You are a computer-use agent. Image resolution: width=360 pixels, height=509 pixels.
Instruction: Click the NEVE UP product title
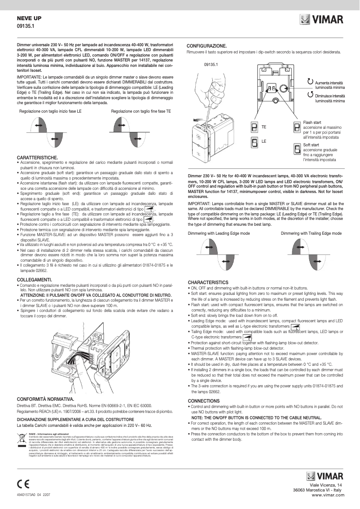[29, 18]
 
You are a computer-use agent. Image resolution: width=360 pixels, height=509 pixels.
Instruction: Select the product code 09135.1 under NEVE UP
[26, 26]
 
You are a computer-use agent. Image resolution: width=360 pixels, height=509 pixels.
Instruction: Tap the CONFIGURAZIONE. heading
[206, 46]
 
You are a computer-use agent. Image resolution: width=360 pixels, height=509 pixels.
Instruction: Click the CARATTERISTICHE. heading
[37, 157]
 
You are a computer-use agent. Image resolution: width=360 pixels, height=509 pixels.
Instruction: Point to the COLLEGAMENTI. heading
[34, 279]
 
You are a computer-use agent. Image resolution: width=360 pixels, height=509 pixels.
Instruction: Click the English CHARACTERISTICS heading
[208, 282]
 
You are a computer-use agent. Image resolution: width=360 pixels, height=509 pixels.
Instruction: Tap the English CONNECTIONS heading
[203, 400]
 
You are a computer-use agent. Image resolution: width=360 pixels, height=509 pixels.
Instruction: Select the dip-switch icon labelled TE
[254, 127]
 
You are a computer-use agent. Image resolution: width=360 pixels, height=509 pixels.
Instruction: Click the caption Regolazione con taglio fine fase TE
[141, 110]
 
